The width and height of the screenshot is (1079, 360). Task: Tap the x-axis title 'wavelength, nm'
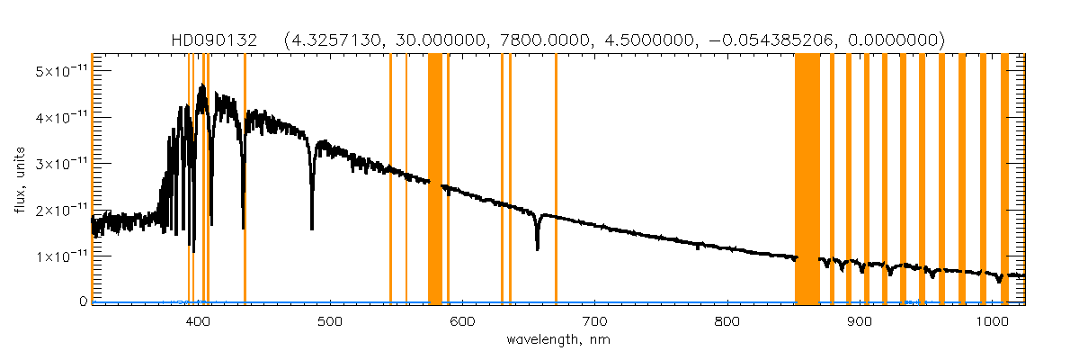[x=557, y=341]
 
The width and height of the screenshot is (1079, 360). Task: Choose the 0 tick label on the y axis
[x=81, y=302]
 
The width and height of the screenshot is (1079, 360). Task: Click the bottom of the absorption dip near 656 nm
[x=537, y=247]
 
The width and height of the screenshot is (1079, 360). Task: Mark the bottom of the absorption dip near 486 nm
[x=312, y=229]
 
